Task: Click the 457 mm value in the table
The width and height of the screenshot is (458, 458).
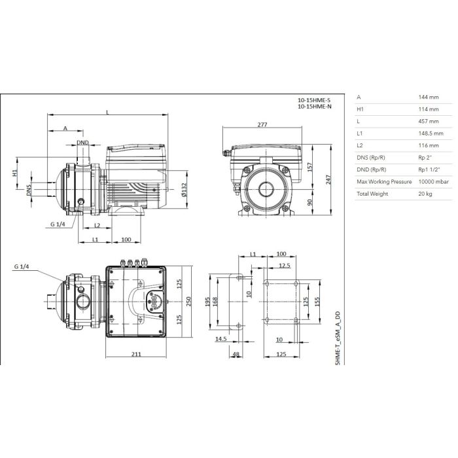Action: [x=429, y=121]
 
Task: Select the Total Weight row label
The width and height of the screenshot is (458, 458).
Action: [x=372, y=194]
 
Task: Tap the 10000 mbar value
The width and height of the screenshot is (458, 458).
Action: [x=433, y=182]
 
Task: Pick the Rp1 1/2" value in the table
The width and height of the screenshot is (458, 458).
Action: [x=429, y=169]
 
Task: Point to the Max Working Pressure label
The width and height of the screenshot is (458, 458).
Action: [x=384, y=182]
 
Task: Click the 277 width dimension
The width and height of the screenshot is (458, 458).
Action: [x=262, y=124]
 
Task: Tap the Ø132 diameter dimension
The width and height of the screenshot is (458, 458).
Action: [x=184, y=190]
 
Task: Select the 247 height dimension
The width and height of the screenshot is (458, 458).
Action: [x=328, y=180]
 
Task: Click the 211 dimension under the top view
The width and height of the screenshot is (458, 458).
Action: [x=136, y=354]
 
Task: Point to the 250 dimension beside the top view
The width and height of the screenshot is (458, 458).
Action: [x=188, y=301]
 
